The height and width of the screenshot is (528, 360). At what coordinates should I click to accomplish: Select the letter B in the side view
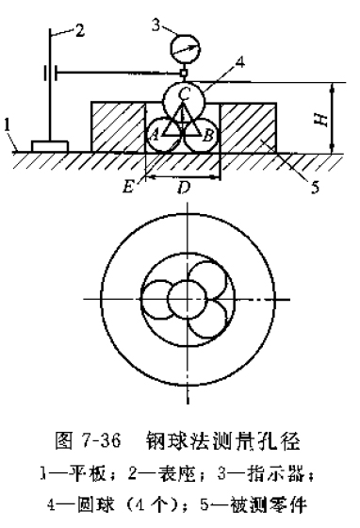point(206,134)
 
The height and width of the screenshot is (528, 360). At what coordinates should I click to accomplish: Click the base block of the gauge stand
point(47,146)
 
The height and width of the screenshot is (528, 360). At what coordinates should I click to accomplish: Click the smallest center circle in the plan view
point(179,302)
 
